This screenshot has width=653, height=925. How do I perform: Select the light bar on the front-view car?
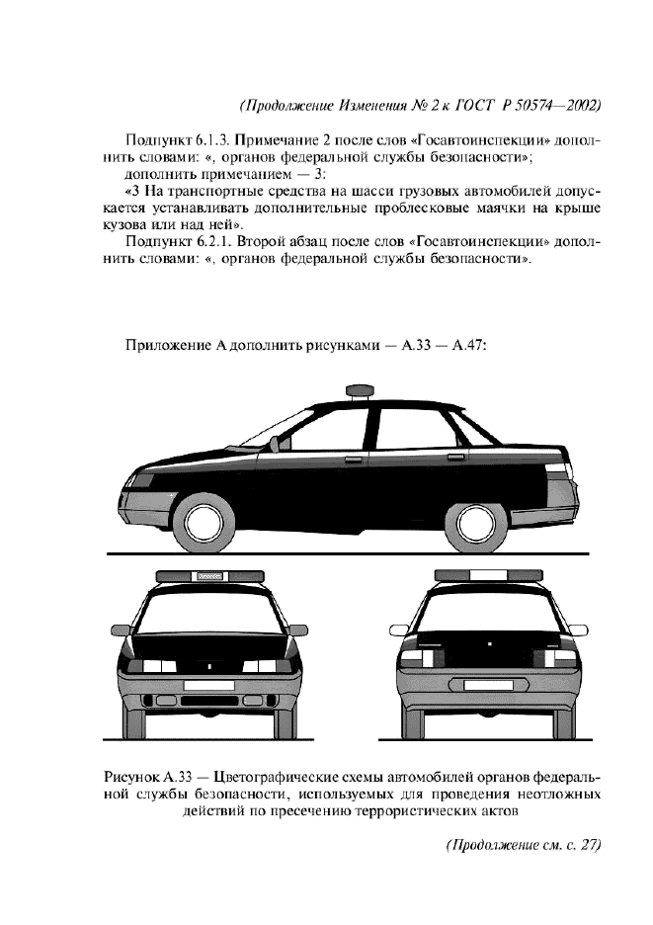(x=209, y=576)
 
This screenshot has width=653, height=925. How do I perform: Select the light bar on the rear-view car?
(x=491, y=576)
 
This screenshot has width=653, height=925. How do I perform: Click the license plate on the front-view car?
(x=208, y=684)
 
